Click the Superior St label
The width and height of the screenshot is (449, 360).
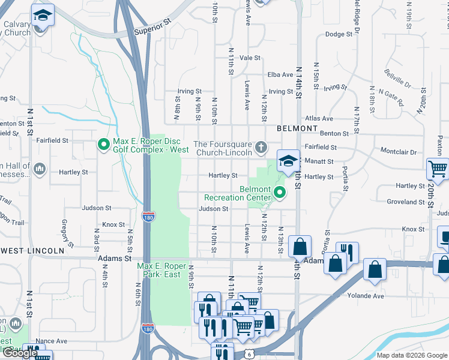tap(152, 30)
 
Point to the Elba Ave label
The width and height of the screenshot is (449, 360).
tap(279, 74)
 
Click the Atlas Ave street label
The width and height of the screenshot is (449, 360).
tap(319, 119)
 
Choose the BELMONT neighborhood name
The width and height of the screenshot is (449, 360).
tap(297, 128)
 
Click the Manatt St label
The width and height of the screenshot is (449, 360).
tap(321, 161)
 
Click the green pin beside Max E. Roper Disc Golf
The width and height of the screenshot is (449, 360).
tap(103, 144)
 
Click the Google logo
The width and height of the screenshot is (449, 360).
tap(19, 353)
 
